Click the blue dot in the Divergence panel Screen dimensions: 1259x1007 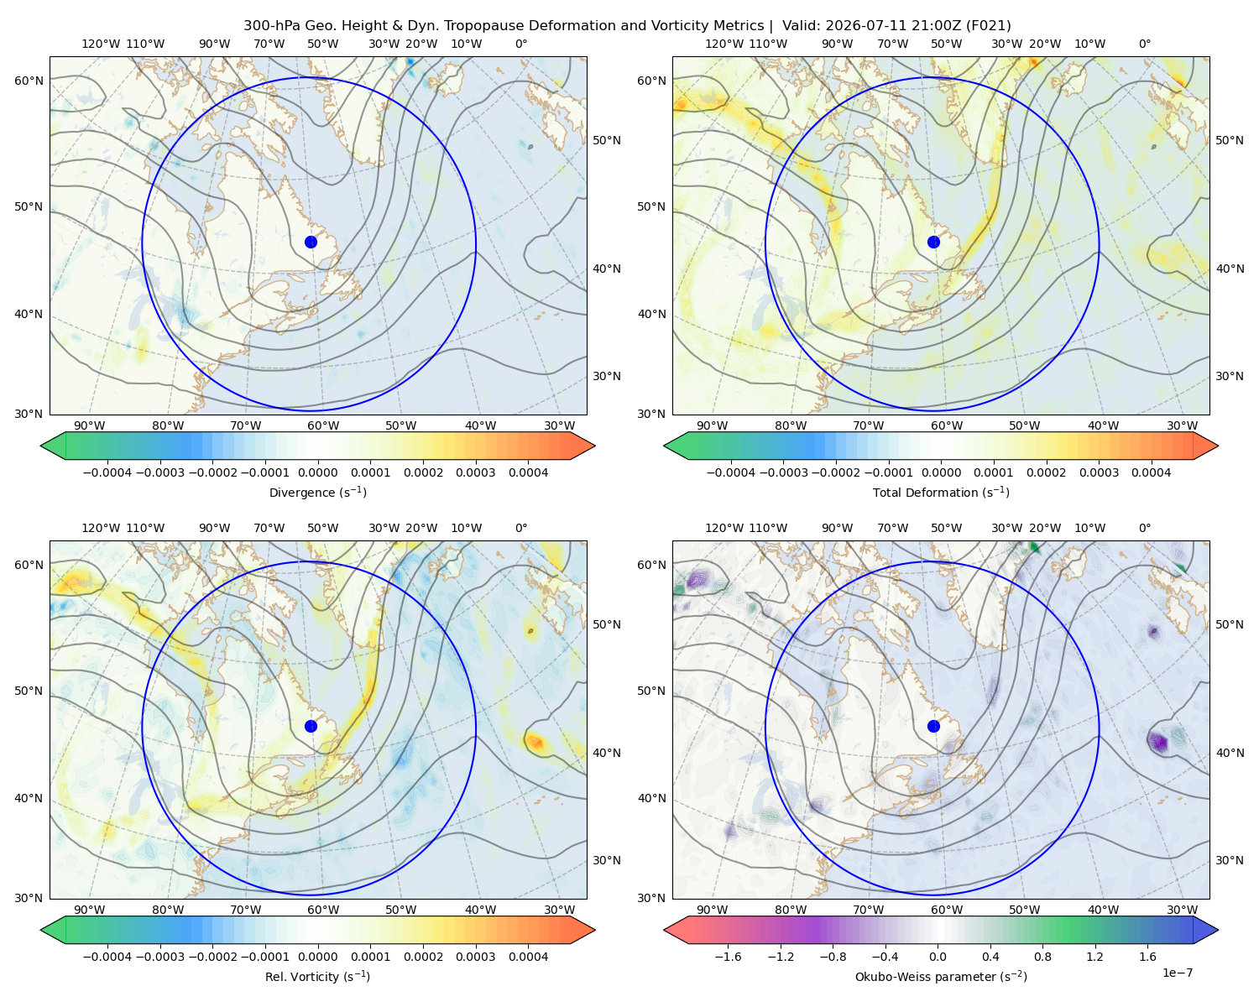coord(311,242)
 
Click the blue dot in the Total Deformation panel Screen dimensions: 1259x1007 coord(933,242)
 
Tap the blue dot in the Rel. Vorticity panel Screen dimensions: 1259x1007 coord(311,726)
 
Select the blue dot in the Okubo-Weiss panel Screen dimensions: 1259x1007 coord(933,726)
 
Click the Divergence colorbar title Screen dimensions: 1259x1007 coord(317,493)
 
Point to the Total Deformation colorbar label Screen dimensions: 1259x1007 coord(941,493)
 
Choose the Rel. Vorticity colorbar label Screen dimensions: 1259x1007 coord(317,977)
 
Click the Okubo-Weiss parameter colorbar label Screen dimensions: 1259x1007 coord(941,977)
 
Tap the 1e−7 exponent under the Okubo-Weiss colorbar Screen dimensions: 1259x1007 coord(1177,973)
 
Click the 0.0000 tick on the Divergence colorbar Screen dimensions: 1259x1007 coord(317,472)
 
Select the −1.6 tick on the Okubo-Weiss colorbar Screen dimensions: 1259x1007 coord(728,957)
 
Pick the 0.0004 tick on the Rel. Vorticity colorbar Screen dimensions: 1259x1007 coord(528,957)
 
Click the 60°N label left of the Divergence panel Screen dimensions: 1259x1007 coord(29,81)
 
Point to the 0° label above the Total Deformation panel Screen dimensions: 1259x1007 coord(1144,44)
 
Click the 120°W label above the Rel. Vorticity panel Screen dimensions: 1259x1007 coord(101,528)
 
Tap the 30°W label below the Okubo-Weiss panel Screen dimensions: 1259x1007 coord(1182,910)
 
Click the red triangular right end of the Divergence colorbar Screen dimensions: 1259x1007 coord(583,446)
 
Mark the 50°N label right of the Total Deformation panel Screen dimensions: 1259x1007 coord(1229,140)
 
